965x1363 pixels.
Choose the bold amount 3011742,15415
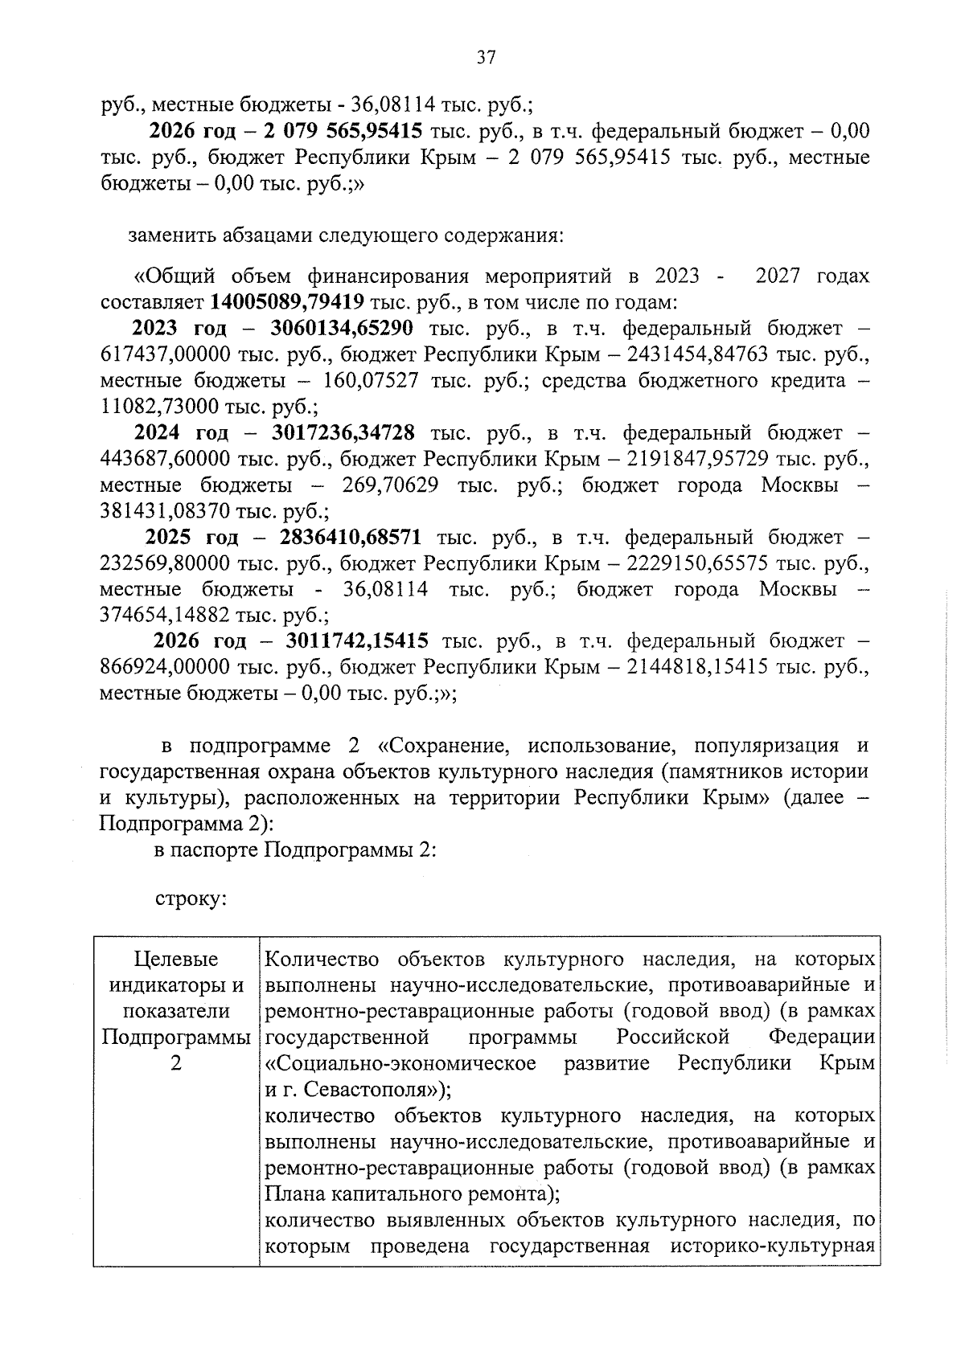click(x=356, y=641)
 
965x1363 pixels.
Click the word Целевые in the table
click(x=176, y=960)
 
